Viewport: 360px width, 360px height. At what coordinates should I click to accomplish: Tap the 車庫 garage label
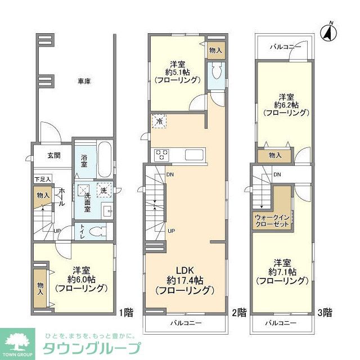84,82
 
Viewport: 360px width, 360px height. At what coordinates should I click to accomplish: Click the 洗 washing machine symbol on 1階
103,190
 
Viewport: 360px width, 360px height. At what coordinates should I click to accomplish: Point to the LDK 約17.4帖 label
184,280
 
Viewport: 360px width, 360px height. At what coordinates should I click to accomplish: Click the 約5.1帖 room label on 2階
177,71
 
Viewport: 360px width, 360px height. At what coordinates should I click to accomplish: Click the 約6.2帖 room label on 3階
286,104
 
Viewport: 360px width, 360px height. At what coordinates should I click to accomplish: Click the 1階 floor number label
127,310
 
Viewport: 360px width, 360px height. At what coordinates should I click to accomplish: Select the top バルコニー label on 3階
285,46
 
